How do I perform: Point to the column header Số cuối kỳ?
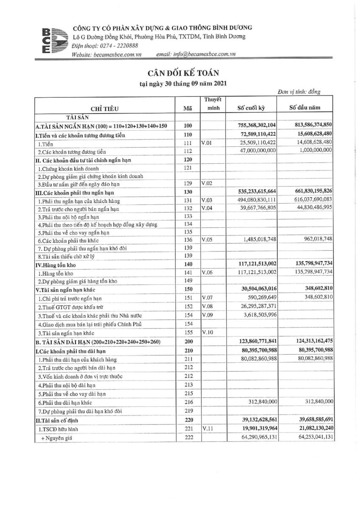tap(251, 108)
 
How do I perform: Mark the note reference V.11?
tap(207, 429)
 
